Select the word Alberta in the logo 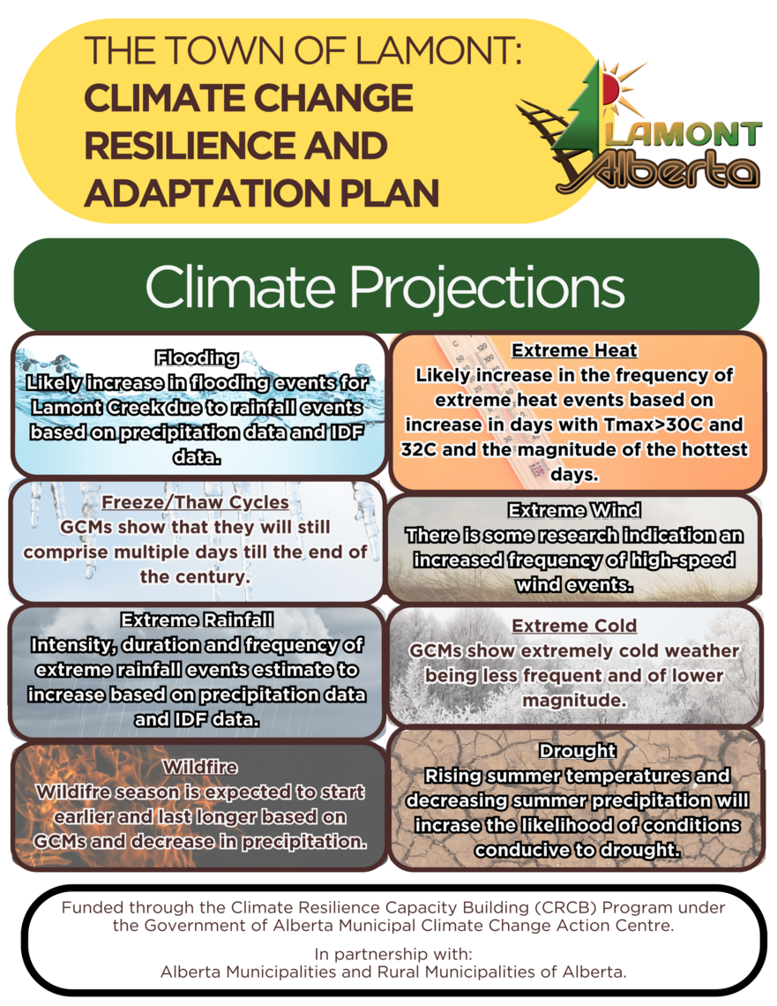coord(667,171)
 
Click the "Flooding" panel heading coord(197,357)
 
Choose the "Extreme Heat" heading coord(574,350)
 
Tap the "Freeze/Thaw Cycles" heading coord(195,502)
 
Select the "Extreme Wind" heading coord(574,510)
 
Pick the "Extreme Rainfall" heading coord(197,619)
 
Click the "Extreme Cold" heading coord(574,626)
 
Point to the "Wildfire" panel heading coord(200,767)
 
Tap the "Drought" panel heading coord(577,751)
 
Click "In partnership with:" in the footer coord(393,954)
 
